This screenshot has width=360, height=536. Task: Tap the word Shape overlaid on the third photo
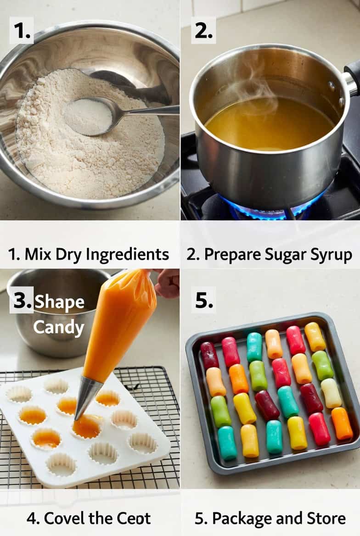(59, 302)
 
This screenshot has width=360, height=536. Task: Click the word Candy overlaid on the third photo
(58, 328)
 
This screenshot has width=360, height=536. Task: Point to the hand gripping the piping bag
(166, 283)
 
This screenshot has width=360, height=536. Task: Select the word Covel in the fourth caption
(64, 518)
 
